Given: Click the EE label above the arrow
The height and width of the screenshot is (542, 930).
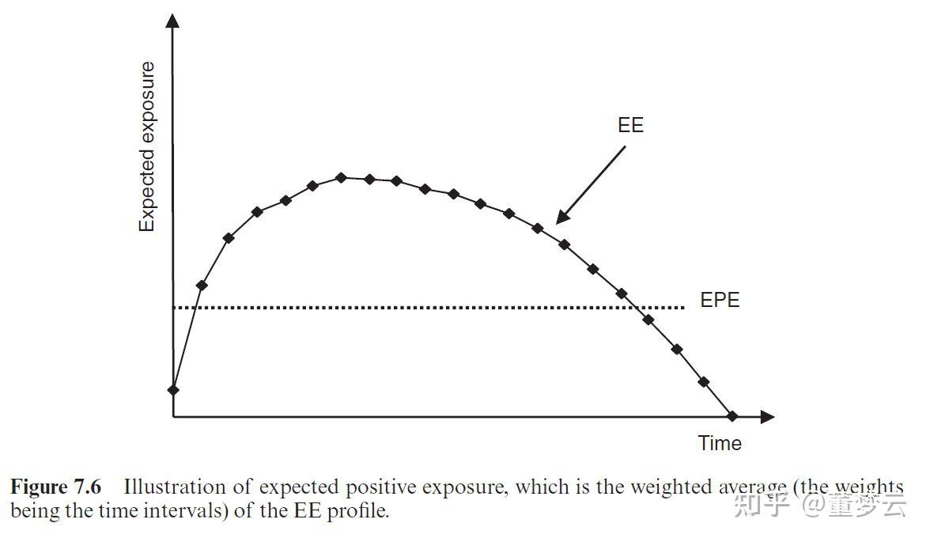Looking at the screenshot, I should [x=630, y=125].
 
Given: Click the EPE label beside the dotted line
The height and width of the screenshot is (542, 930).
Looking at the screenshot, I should [x=720, y=301].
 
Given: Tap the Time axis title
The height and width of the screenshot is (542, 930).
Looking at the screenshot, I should [x=720, y=443].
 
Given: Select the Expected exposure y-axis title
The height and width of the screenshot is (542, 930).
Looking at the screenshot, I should [x=147, y=147].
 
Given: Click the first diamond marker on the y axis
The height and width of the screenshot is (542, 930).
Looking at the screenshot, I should [x=173, y=389].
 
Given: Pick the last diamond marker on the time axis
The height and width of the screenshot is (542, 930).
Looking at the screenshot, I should [x=732, y=416].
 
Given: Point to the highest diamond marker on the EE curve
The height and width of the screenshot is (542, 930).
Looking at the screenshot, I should [x=342, y=177].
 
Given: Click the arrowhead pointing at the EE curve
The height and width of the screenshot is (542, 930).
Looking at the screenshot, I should [x=561, y=218].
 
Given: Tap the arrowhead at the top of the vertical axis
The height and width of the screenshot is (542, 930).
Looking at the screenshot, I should [x=173, y=19].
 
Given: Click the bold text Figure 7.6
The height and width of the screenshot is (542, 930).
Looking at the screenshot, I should [x=55, y=487].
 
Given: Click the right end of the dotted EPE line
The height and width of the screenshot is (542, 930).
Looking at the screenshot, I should [x=681, y=308].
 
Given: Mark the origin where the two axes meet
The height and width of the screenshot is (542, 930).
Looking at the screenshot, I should [x=173, y=416].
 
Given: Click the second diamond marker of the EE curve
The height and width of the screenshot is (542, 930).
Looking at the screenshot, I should [x=202, y=285].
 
